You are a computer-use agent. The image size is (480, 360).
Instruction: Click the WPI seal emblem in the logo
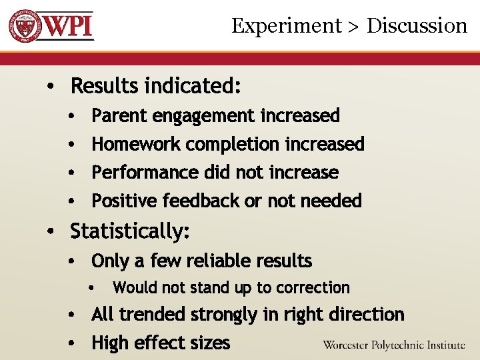click(x=25, y=26)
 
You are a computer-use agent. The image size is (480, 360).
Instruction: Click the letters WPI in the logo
click(x=69, y=27)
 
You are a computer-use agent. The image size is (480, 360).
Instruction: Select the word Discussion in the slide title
click(x=417, y=26)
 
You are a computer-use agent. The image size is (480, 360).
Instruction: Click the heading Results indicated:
click(x=155, y=86)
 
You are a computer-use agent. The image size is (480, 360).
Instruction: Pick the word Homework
click(x=137, y=144)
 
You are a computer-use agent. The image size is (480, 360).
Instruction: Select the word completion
click(x=233, y=145)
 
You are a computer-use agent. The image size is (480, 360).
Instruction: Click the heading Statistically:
click(x=130, y=232)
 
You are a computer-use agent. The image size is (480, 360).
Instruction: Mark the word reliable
click(x=214, y=261)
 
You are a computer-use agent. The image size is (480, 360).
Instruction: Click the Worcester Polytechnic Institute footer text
click(x=393, y=345)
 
